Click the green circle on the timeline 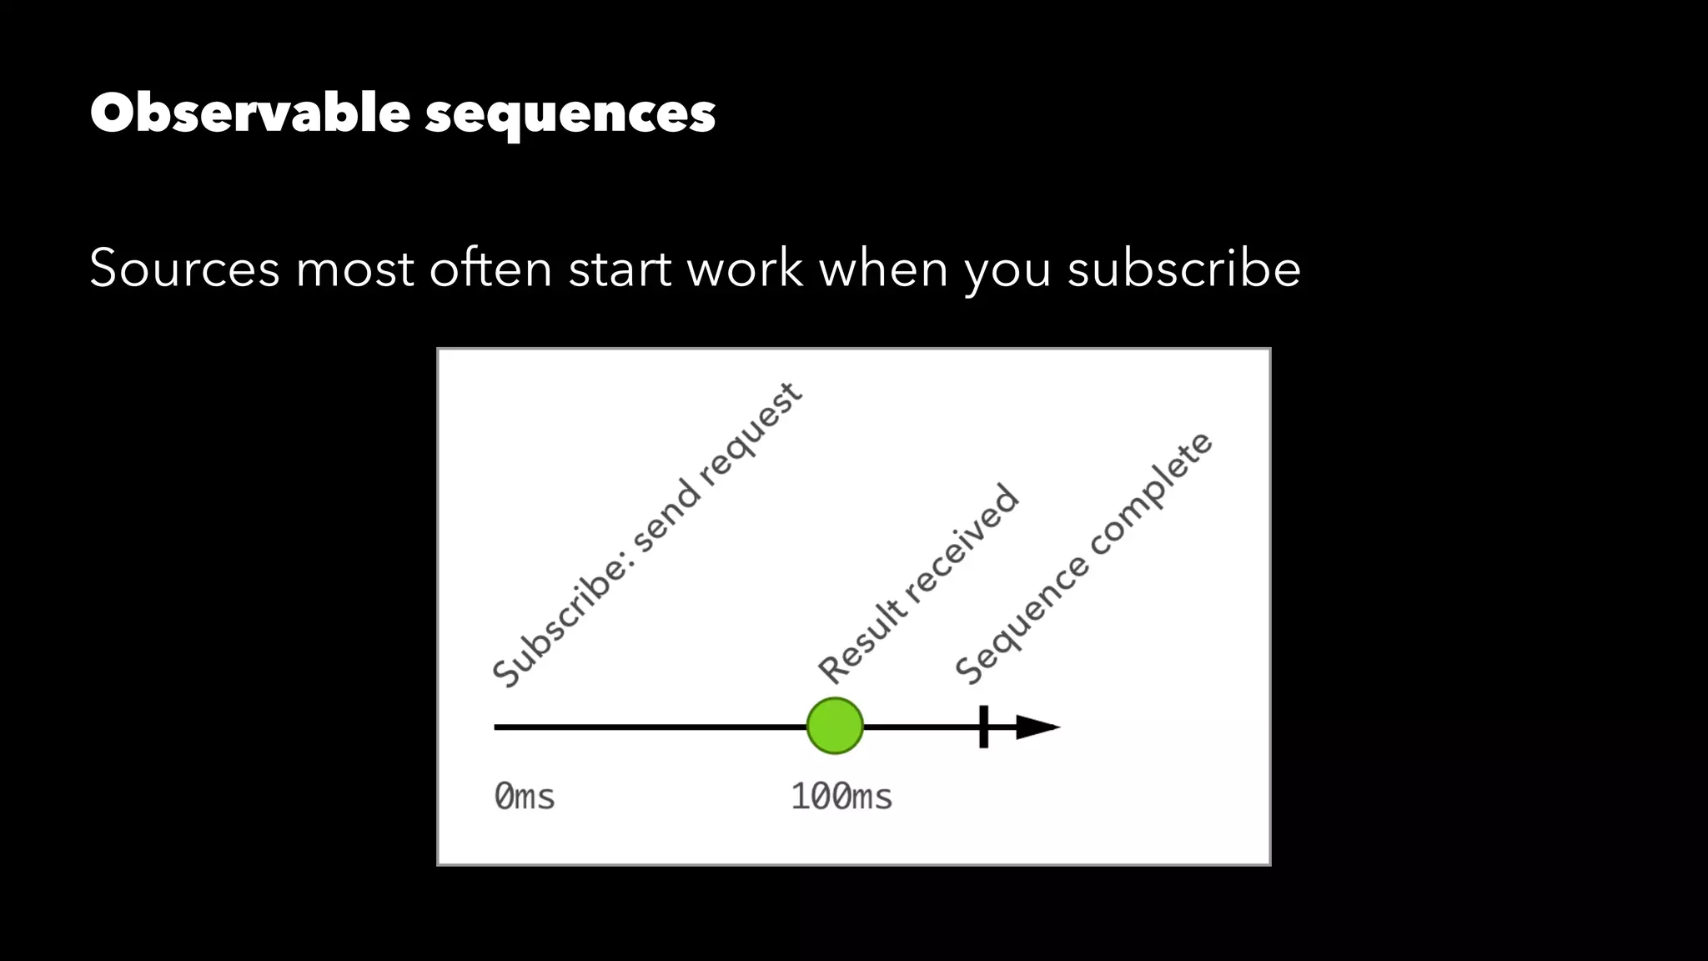click(x=835, y=726)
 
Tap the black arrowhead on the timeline click(x=1037, y=727)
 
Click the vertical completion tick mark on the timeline click(x=984, y=727)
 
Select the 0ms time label click(x=524, y=797)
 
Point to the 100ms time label click(x=841, y=797)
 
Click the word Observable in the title click(x=250, y=113)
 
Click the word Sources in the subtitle click(x=184, y=269)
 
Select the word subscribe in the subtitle click(x=1183, y=269)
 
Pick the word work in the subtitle click(x=745, y=269)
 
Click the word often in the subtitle click(x=490, y=269)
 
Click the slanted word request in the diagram click(x=749, y=434)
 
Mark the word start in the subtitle click(x=620, y=269)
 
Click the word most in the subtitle click(x=354, y=269)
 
